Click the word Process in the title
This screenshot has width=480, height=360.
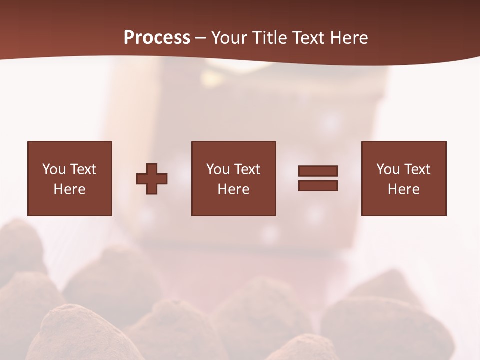coord(157,38)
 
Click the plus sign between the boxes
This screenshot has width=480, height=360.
coord(152,178)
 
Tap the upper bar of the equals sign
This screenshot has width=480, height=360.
coord(318,171)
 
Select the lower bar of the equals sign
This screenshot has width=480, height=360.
coord(318,185)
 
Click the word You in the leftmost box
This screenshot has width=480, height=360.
coord(54,169)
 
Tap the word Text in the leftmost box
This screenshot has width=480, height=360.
coord(82,169)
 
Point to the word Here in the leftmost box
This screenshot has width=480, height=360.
coord(69,189)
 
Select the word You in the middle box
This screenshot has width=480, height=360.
coord(218,169)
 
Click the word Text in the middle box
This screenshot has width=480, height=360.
coord(246,169)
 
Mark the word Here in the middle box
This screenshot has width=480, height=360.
coord(233,189)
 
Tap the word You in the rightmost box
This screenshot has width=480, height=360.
coord(388,169)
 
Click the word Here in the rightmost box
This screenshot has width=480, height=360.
coord(403,189)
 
